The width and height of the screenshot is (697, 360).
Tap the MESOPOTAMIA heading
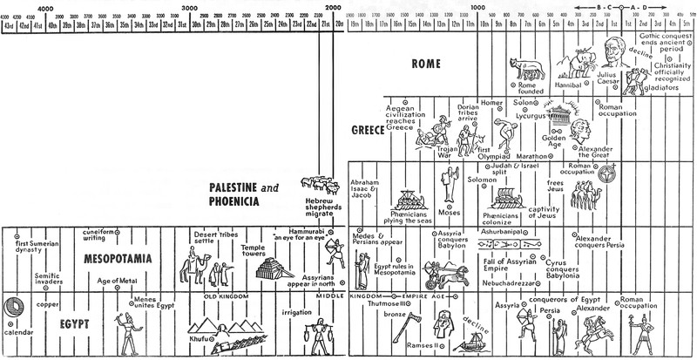(118, 258)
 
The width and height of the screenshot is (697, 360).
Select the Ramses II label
(416, 346)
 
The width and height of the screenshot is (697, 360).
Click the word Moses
(450, 212)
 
